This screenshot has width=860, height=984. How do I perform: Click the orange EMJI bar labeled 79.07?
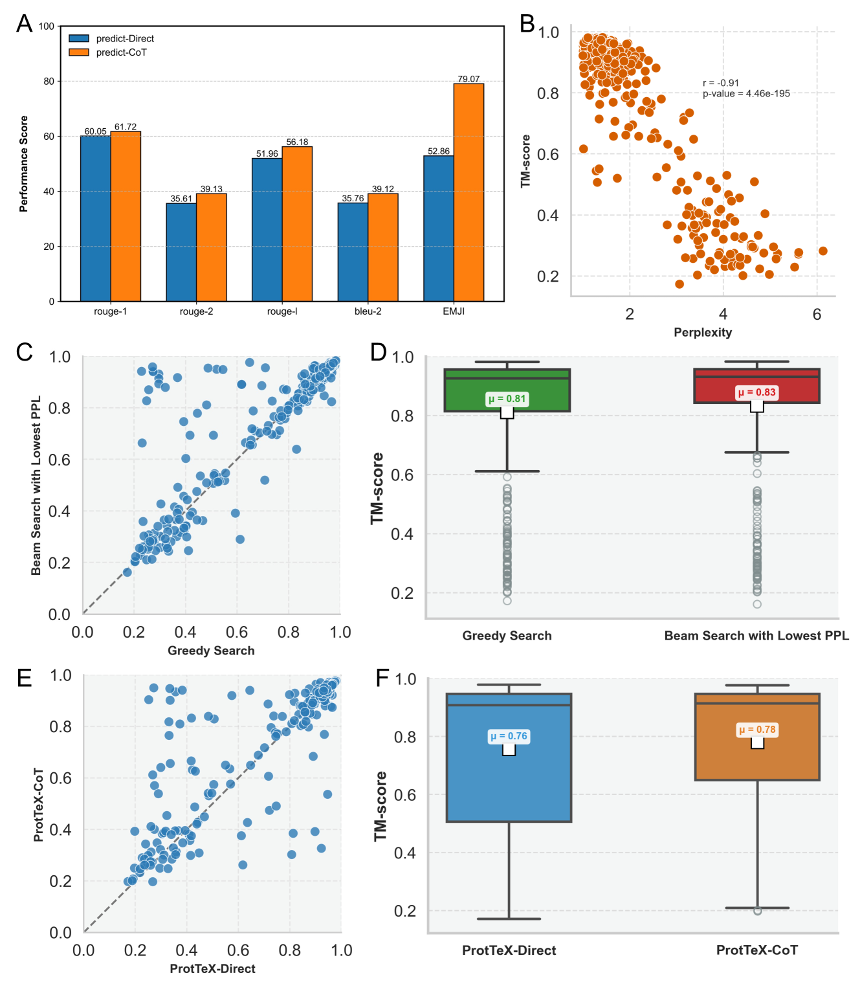pyautogui.click(x=469, y=192)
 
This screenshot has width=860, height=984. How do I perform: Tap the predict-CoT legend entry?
pyautogui.click(x=121, y=52)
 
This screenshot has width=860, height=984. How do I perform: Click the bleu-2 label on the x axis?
pyautogui.click(x=368, y=311)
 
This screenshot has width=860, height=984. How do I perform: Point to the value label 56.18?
pyautogui.click(x=297, y=142)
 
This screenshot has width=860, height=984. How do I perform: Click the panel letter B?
pyautogui.click(x=527, y=24)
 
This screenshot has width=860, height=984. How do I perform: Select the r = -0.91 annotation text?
pyautogui.click(x=721, y=83)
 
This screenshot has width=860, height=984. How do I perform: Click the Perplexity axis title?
pyautogui.click(x=703, y=332)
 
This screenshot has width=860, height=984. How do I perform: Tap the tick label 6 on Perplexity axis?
pyautogui.click(x=817, y=315)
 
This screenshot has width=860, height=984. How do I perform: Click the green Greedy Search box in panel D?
pyautogui.click(x=507, y=390)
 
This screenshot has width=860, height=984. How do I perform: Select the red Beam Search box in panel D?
pyautogui.click(x=756, y=386)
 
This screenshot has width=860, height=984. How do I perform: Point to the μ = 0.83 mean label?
pyautogui.click(x=756, y=392)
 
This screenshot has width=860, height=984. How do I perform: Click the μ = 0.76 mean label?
pyautogui.click(x=509, y=736)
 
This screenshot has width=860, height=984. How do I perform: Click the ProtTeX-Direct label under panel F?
pyautogui.click(x=509, y=950)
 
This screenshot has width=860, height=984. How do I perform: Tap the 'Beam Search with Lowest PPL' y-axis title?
pyautogui.click(x=36, y=485)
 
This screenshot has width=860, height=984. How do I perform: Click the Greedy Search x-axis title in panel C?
pyautogui.click(x=211, y=651)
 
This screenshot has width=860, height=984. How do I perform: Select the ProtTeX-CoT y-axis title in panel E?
pyautogui.click(x=38, y=805)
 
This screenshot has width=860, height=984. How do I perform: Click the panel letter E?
pyautogui.click(x=25, y=678)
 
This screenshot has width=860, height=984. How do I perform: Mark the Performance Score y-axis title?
pyautogui.click(x=24, y=164)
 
